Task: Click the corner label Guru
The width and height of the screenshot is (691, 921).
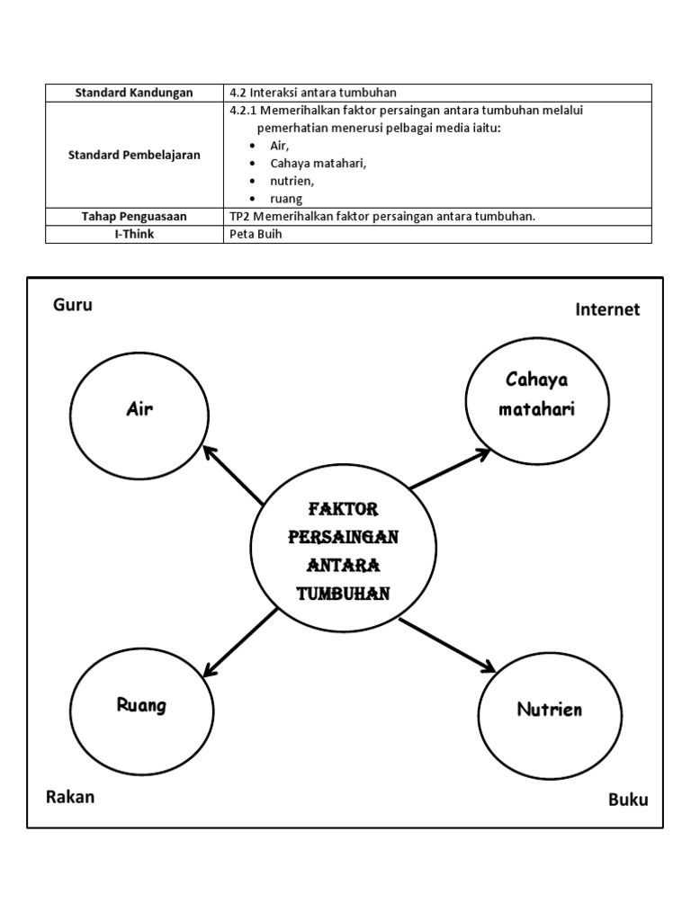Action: point(73,305)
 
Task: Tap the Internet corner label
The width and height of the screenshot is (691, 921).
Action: point(607,309)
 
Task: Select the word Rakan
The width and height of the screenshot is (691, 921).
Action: point(70,797)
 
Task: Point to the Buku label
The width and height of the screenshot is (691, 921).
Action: point(628,800)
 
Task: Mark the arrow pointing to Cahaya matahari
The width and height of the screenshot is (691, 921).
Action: point(450,469)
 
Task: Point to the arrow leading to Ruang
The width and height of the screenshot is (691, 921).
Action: point(240,641)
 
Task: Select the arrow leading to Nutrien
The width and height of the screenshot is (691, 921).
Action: point(447,645)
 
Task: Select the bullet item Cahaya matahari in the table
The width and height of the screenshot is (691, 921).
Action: point(319,163)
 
